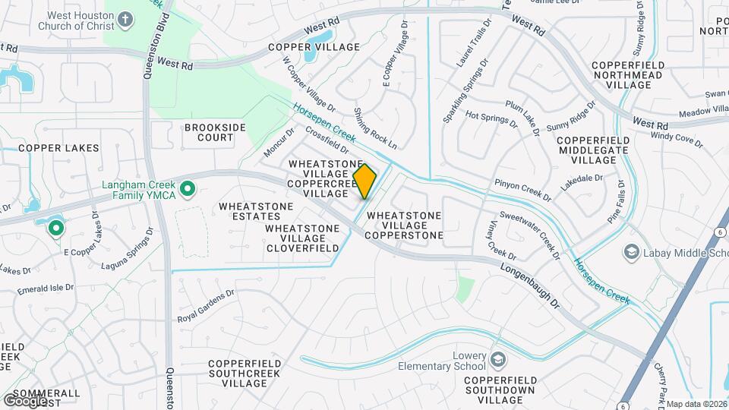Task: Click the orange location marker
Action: pyautogui.click(x=364, y=181)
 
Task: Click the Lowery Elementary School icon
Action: pyautogui.click(x=498, y=358)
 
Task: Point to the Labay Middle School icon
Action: pyautogui.click(x=631, y=251)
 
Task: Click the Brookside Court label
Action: pyautogui.click(x=209, y=133)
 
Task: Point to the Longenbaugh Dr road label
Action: pyautogui.click(x=529, y=285)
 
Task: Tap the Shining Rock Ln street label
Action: pyautogui.click(x=375, y=128)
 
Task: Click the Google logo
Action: pyautogui.click(x=25, y=401)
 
